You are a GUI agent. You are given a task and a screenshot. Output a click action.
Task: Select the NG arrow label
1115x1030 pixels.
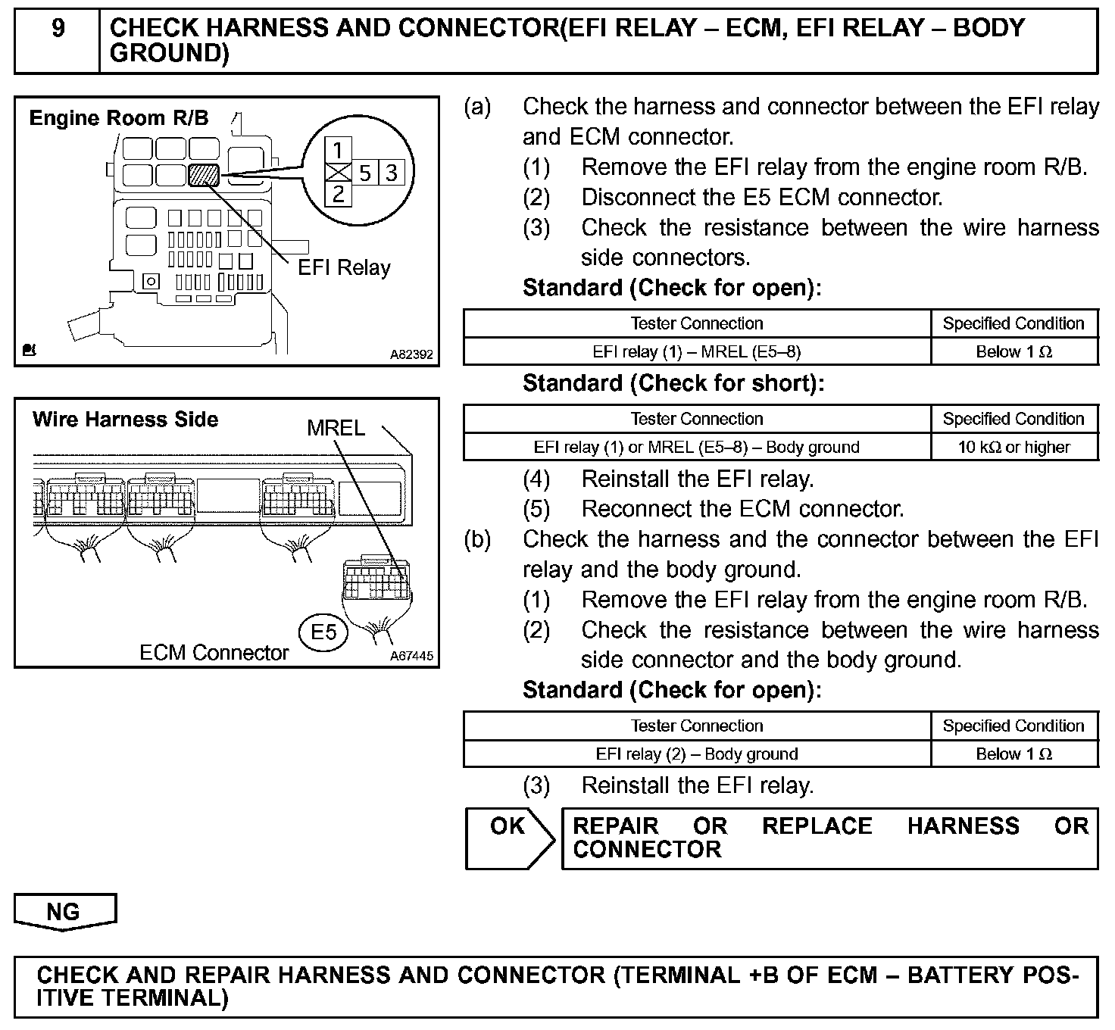pyautogui.click(x=64, y=911)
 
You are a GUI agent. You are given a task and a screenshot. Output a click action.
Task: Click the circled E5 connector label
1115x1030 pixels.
pyautogui.click(x=323, y=632)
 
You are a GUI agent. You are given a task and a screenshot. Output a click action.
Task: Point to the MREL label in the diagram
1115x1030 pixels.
pyautogui.click(x=336, y=428)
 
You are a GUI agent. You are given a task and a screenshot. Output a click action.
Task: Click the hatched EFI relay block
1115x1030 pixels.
pyautogui.click(x=203, y=175)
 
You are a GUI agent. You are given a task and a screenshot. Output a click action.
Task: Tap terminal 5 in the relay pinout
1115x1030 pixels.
pyautogui.click(x=364, y=173)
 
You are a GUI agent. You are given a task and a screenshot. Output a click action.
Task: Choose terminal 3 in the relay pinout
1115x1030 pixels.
pyautogui.click(x=392, y=173)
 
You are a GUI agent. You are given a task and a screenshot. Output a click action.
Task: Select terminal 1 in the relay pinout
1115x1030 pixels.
pyautogui.click(x=338, y=150)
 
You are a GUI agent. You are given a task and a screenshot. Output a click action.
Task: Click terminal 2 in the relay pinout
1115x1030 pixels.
pyautogui.click(x=338, y=194)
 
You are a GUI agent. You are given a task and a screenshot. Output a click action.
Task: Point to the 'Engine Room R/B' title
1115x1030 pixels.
pyautogui.click(x=118, y=118)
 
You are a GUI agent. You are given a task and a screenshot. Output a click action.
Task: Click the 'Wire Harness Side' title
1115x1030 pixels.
pyautogui.click(x=125, y=420)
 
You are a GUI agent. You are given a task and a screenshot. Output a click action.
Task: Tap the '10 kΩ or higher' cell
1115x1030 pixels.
pyautogui.click(x=1013, y=447)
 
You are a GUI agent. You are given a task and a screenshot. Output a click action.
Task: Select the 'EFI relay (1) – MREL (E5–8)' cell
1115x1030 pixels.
pyautogui.click(x=696, y=351)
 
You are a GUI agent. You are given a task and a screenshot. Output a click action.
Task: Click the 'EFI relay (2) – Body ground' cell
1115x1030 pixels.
pyautogui.click(x=696, y=754)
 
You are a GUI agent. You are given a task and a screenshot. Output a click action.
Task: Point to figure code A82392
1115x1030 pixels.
pyautogui.click(x=412, y=354)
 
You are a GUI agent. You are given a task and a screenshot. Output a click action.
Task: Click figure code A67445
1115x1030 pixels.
pyautogui.click(x=412, y=656)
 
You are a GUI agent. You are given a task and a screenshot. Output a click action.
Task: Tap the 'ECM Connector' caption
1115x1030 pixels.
pyautogui.click(x=214, y=653)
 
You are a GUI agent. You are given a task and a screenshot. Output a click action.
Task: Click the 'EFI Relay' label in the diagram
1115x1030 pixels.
pyautogui.click(x=344, y=267)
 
